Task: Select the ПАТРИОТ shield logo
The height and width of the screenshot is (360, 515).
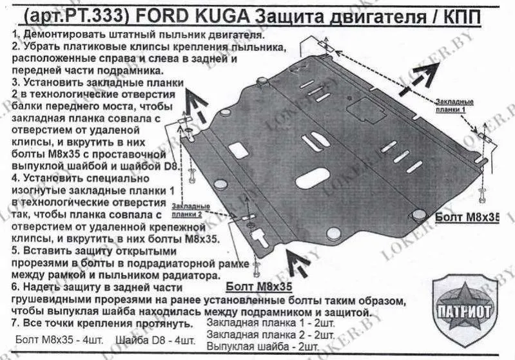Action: pyautogui.click(x=465, y=311)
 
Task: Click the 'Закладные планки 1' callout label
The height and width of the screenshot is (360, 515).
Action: pyautogui.click(x=454, y=106)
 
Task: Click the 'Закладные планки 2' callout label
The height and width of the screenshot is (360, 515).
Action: pyautogui.click(x=191, y=211)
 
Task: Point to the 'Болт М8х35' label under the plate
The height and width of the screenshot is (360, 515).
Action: pyautogui.click(x=259, y=287)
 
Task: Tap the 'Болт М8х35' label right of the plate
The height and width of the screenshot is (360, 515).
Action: pyautogui.click(x=467, y=217)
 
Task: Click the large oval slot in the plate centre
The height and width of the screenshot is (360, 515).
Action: pyautogui.click(x=312, y=178)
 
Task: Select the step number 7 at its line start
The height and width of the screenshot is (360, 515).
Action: pyautogui.click(x=14, y=323)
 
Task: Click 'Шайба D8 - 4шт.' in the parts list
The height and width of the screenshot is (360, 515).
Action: pyautogui.click(x=155, y=340)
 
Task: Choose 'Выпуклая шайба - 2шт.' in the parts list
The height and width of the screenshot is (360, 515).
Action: pyautogui.click(x=263, y=346)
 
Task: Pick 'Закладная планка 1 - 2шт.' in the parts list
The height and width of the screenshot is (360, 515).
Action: pyautogui.click(x=271, y=323)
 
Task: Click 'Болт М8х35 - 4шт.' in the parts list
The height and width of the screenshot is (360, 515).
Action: pyautogui.click(x=59, y=339)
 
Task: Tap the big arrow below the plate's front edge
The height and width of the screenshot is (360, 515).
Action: pyautogui.click(x=297, y=261)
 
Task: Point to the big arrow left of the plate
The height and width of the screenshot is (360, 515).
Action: pyautogui.click(x=196, y=105)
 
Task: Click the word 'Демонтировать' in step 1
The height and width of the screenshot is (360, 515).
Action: pyautogui.click(x=59, y=35)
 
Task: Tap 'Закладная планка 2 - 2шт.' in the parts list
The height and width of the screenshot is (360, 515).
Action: pyautogui.click(x=271, y=335)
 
